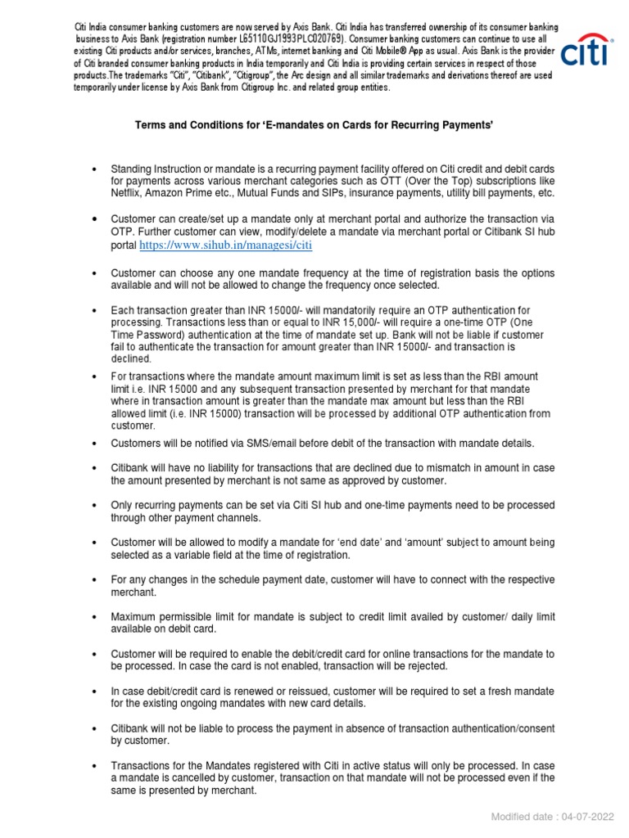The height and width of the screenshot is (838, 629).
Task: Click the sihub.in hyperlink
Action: (x=226, y=245)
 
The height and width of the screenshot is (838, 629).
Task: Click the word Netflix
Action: (x=129, y=193)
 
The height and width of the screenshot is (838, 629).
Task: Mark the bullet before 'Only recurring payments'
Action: (x=96, y=505)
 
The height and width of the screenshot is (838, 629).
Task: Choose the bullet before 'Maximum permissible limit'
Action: (x=96, y=616)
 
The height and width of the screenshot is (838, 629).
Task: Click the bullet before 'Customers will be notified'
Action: (x=96, y=443)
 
